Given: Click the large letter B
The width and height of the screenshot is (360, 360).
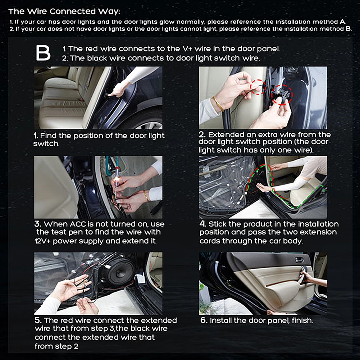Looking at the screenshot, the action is click(x=43, y=53).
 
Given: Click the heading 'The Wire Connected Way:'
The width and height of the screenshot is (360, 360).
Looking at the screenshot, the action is click(x=64, y=11).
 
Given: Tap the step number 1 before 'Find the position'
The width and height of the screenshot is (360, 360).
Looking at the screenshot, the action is click(x=36, y=136).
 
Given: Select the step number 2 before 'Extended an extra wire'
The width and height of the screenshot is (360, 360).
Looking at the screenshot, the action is click(x=202, y=135).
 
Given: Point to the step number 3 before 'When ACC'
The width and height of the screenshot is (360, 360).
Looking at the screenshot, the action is click(x=37, y=224).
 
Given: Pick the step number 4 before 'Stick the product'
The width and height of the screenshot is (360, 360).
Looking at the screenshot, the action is click(x=202, y=224).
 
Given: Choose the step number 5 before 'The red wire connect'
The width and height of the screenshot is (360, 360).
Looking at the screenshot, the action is click(x=38, y=320).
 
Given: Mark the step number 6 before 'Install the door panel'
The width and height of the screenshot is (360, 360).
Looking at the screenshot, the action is click(x=204, y=320).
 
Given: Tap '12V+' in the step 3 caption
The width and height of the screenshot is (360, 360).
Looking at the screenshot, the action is click(x=42, y=241).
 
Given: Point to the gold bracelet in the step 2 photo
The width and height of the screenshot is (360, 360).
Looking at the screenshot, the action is click(x=219, y=104).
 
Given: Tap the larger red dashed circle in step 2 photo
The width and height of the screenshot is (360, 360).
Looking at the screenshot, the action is click(x=282, y=95).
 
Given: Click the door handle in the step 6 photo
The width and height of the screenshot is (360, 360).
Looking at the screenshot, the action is click(x=299, y=260).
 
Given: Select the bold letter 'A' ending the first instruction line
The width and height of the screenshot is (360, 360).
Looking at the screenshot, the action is click(x=342, y=22).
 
